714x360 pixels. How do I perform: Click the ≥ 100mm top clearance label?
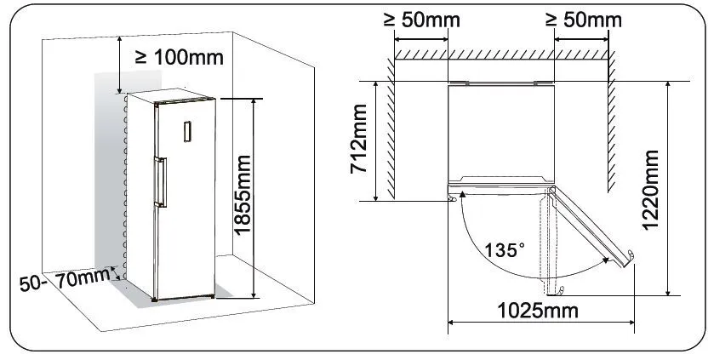tap(180, 57)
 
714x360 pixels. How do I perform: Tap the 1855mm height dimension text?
tap(243, 195)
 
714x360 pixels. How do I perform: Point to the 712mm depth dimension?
tap(358, 139)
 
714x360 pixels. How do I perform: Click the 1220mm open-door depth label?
tap(650, 190)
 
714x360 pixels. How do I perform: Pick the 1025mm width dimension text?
tap(538, 311)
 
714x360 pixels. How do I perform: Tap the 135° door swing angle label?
tap(504, 250)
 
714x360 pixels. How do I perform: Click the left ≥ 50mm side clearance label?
tap(421, 20)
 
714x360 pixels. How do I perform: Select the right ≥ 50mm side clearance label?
tap(583, 20)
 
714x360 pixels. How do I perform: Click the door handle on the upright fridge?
tap(161, 181)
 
